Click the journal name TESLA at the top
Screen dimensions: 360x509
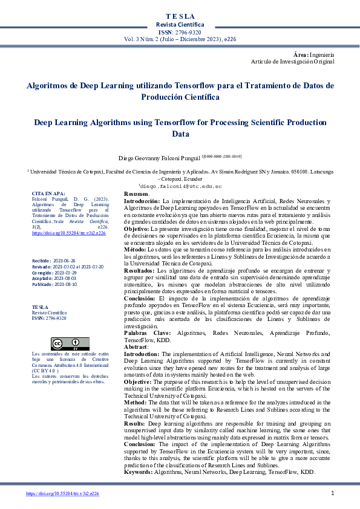click(x=179, y=16)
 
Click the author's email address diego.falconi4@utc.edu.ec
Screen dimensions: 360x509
click(x=181, y=187)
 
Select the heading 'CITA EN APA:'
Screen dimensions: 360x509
click(x=47, y=193)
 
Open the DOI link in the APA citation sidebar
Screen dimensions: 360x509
click(x=69, y=233)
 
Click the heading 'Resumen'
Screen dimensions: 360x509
click(x=136, y=193)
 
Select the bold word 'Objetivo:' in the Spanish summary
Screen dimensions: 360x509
click(x=137, y=230)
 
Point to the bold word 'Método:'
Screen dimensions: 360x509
click(x=136, y=249)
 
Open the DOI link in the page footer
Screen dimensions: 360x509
click(x=62, y=494)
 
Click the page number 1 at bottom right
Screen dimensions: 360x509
click(x=333, y=493)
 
